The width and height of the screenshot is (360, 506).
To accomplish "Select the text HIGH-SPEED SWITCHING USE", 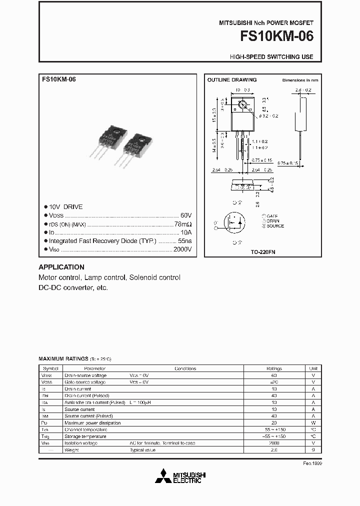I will click(271, 57).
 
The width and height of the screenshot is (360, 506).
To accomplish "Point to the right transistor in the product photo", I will click(133, 148).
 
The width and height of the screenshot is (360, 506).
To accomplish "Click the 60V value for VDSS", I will click(185, 215).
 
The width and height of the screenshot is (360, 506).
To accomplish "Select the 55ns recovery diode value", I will click(184, 241).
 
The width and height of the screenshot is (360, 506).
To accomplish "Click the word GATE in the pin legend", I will click(273, 216).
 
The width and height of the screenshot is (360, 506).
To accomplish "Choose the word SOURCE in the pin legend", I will click(275, 226).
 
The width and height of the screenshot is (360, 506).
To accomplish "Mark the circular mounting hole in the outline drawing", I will click(243, 105).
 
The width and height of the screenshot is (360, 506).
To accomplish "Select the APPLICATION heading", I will click(61, 267).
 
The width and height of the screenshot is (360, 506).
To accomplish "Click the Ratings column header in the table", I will click(273, 368).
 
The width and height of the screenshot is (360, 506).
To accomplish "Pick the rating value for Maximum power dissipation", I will click(273, 422).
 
